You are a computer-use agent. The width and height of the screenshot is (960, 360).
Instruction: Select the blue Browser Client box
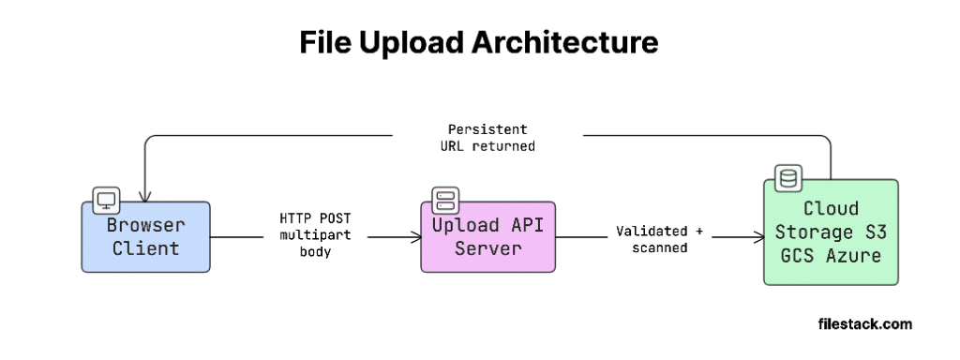click(x=145, y=237)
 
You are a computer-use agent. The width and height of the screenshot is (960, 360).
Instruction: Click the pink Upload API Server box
click(x=487, y=237)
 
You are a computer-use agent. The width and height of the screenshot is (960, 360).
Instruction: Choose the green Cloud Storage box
click(x=831, y=232)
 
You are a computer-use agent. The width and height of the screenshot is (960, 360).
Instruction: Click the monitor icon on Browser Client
click(x=105, y=201)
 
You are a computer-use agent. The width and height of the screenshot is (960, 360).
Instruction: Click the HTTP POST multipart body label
click(x=315, y=235)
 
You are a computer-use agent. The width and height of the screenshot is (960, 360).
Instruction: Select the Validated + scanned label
click(x=659, y=239)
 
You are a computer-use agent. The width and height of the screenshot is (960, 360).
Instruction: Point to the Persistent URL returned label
click(x=487, y=138)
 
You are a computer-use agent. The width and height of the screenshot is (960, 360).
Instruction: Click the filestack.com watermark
click(x=864, y=323)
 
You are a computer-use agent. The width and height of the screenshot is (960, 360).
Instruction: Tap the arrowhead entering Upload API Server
click(x=417, y=237)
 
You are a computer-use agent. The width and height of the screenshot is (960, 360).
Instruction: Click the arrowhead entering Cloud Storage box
click(x=759, y=237)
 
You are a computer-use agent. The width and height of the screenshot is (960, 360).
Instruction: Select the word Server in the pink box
click(x=487, y=248)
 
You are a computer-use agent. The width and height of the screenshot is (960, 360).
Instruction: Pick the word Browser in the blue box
click(x=145, y=225)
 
